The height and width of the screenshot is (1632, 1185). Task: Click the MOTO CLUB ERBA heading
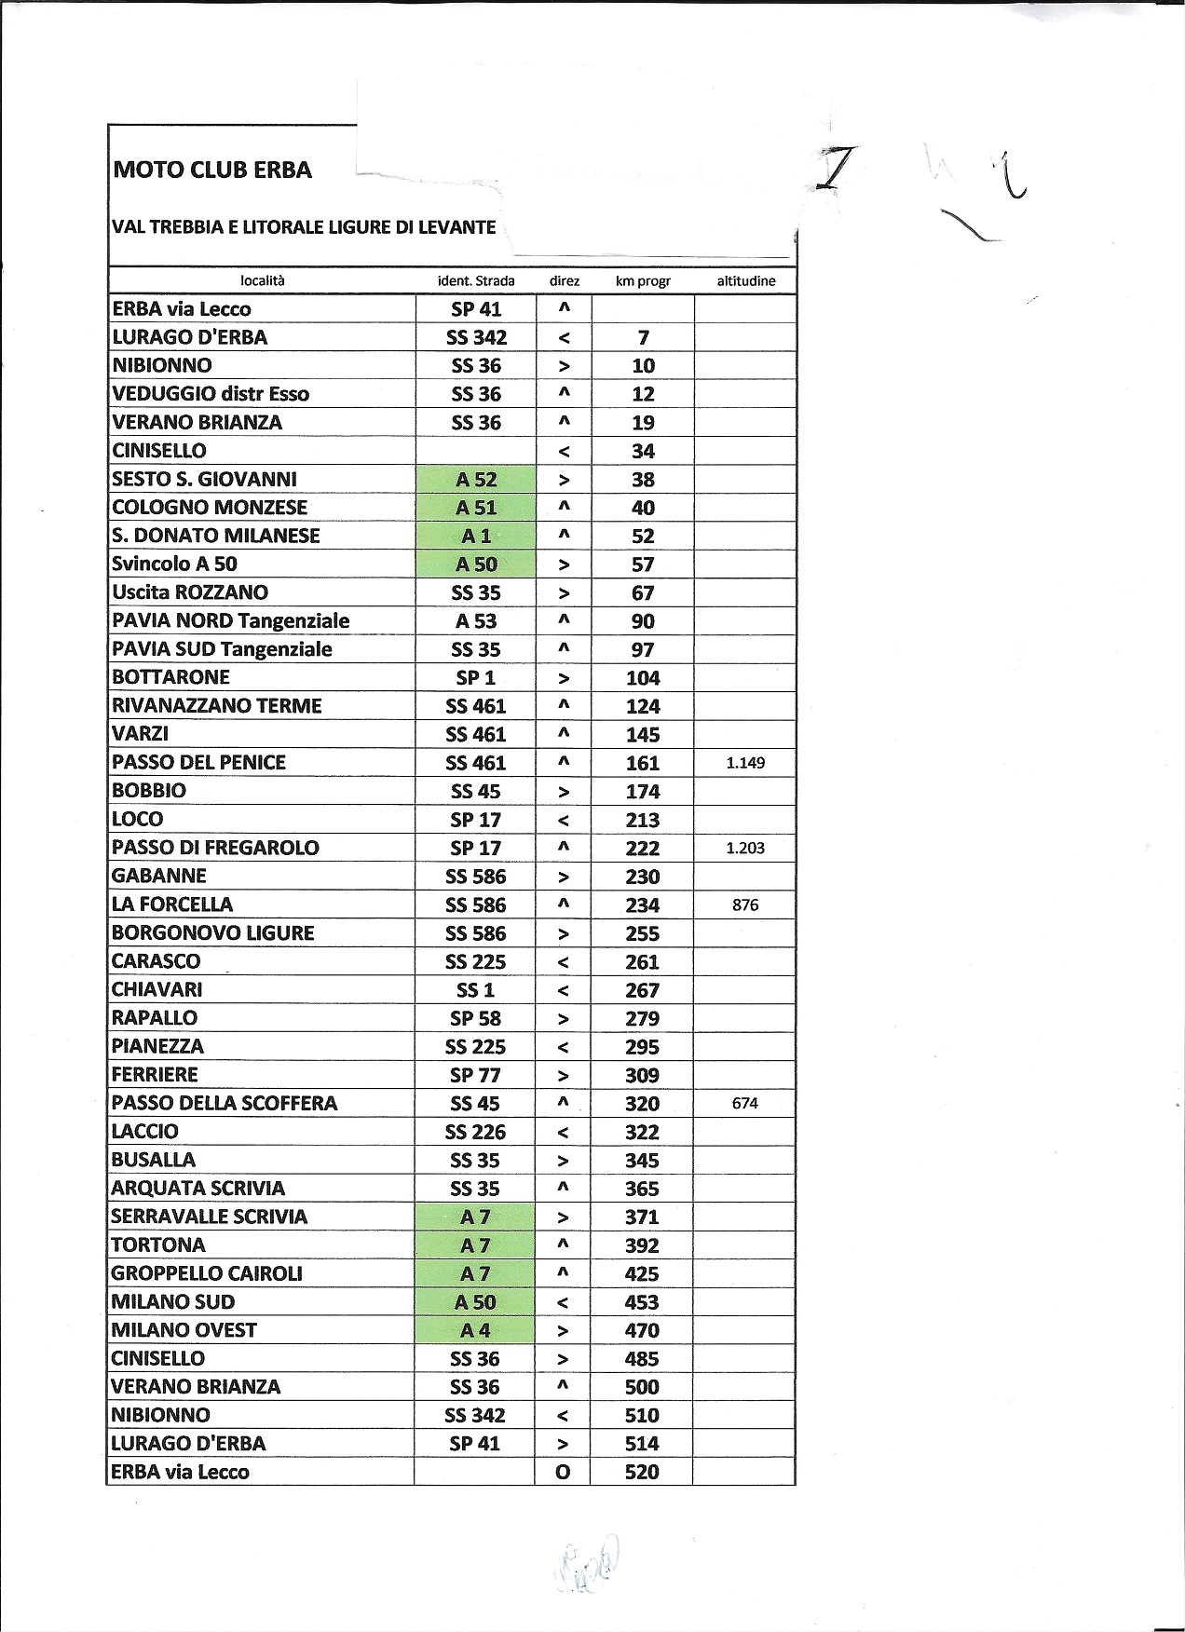[211, 170]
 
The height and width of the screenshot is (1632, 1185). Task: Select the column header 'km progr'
[642, 281]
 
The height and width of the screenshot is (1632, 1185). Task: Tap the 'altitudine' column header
[745, 281]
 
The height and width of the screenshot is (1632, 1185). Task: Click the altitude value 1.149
[745, 763]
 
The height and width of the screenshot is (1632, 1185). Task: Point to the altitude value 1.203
[745, 848]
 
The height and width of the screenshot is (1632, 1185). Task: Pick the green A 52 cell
[476, 480]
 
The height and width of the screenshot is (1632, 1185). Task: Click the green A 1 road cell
[476, 537]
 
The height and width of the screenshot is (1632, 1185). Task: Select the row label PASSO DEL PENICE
[198, 763]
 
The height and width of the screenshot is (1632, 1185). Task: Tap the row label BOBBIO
[149, 791]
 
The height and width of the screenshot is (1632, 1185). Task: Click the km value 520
[642, 1472]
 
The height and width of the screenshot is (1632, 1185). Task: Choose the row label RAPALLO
[155, 1018]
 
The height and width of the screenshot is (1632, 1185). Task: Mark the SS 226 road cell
[475, 1132]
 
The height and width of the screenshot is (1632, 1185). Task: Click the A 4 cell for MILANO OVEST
[475, 1330]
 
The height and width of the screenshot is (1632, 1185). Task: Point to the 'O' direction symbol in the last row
[563, 1473]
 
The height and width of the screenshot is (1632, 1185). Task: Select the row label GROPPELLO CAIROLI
[207, 1273]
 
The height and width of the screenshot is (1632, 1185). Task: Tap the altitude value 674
[745, 1103]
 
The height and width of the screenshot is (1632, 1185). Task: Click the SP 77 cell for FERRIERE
[475, 1075]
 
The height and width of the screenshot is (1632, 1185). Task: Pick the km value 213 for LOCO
[642, 820]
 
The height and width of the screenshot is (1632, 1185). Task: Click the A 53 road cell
[476, 621]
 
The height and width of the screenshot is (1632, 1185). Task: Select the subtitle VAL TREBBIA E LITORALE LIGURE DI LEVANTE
[304, 227]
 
